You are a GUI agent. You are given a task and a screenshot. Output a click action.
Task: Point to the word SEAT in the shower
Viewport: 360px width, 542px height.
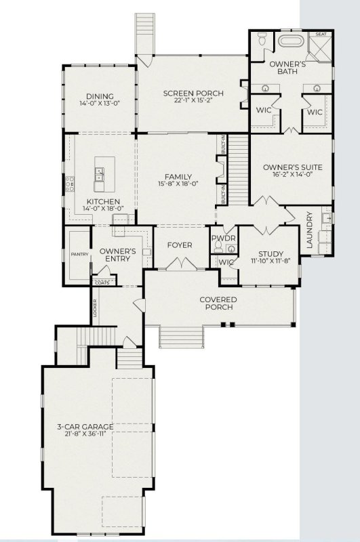pos(321,34)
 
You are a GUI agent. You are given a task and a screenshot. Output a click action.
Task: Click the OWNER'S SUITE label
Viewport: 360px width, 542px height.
pos(292,167)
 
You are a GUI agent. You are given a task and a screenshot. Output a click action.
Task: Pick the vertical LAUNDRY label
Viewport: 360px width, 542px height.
pos(310,230)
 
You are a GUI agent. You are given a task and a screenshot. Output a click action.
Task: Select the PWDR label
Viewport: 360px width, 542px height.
pos(222,239)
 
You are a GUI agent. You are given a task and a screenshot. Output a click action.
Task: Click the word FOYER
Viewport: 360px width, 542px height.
pos(179,245)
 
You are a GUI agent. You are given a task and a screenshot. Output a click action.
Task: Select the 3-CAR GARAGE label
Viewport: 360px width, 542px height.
pos(85,427)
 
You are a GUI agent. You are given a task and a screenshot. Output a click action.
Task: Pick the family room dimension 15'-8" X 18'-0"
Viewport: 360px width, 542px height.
pos(178,183)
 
